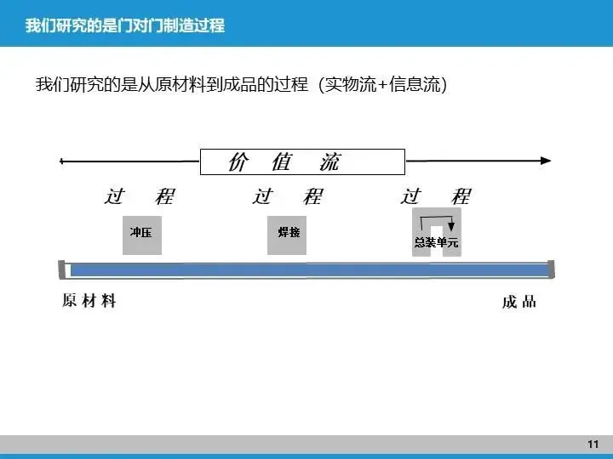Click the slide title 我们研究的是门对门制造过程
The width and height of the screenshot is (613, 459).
[125, 25]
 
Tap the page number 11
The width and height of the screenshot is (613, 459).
[593, 445]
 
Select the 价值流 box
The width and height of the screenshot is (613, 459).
[301, 161]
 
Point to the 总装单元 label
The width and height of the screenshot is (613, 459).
[436, 242]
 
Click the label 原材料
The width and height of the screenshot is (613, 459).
[89, 302]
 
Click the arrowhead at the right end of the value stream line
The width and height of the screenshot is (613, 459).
[546, 161]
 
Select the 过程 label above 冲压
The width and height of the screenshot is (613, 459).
[140, 196]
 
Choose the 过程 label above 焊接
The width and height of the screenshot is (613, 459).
[287, 196]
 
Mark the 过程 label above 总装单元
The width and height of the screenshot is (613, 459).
[435, 196]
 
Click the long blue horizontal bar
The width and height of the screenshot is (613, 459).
[306, 270]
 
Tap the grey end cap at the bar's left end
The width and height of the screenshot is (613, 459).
[64, 269]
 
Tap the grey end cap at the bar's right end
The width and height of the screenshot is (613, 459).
[552, 269]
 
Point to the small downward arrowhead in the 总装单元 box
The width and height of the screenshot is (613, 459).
[451, 227]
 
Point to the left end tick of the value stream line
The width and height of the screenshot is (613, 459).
[60, 161]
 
